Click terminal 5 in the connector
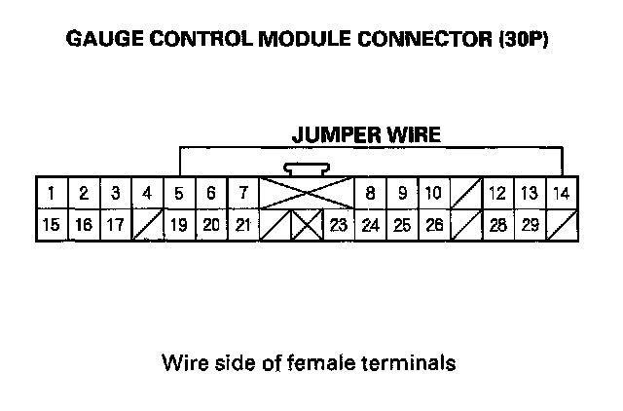coord(179,193)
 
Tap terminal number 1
coord(52,193)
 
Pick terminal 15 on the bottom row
coord(52,225)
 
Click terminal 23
coord(339,225)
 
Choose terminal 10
coord(433,193)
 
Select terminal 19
coord(179,225)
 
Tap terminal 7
coord(242,193)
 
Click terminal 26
coord(434,225)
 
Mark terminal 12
coord(497,193)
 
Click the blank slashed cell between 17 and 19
coord(147,225)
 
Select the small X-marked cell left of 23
coord(307,225)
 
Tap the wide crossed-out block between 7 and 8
coord(307,193)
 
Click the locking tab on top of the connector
coord(307,169)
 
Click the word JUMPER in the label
coord(334,135)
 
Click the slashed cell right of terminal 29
coord(562,225)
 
